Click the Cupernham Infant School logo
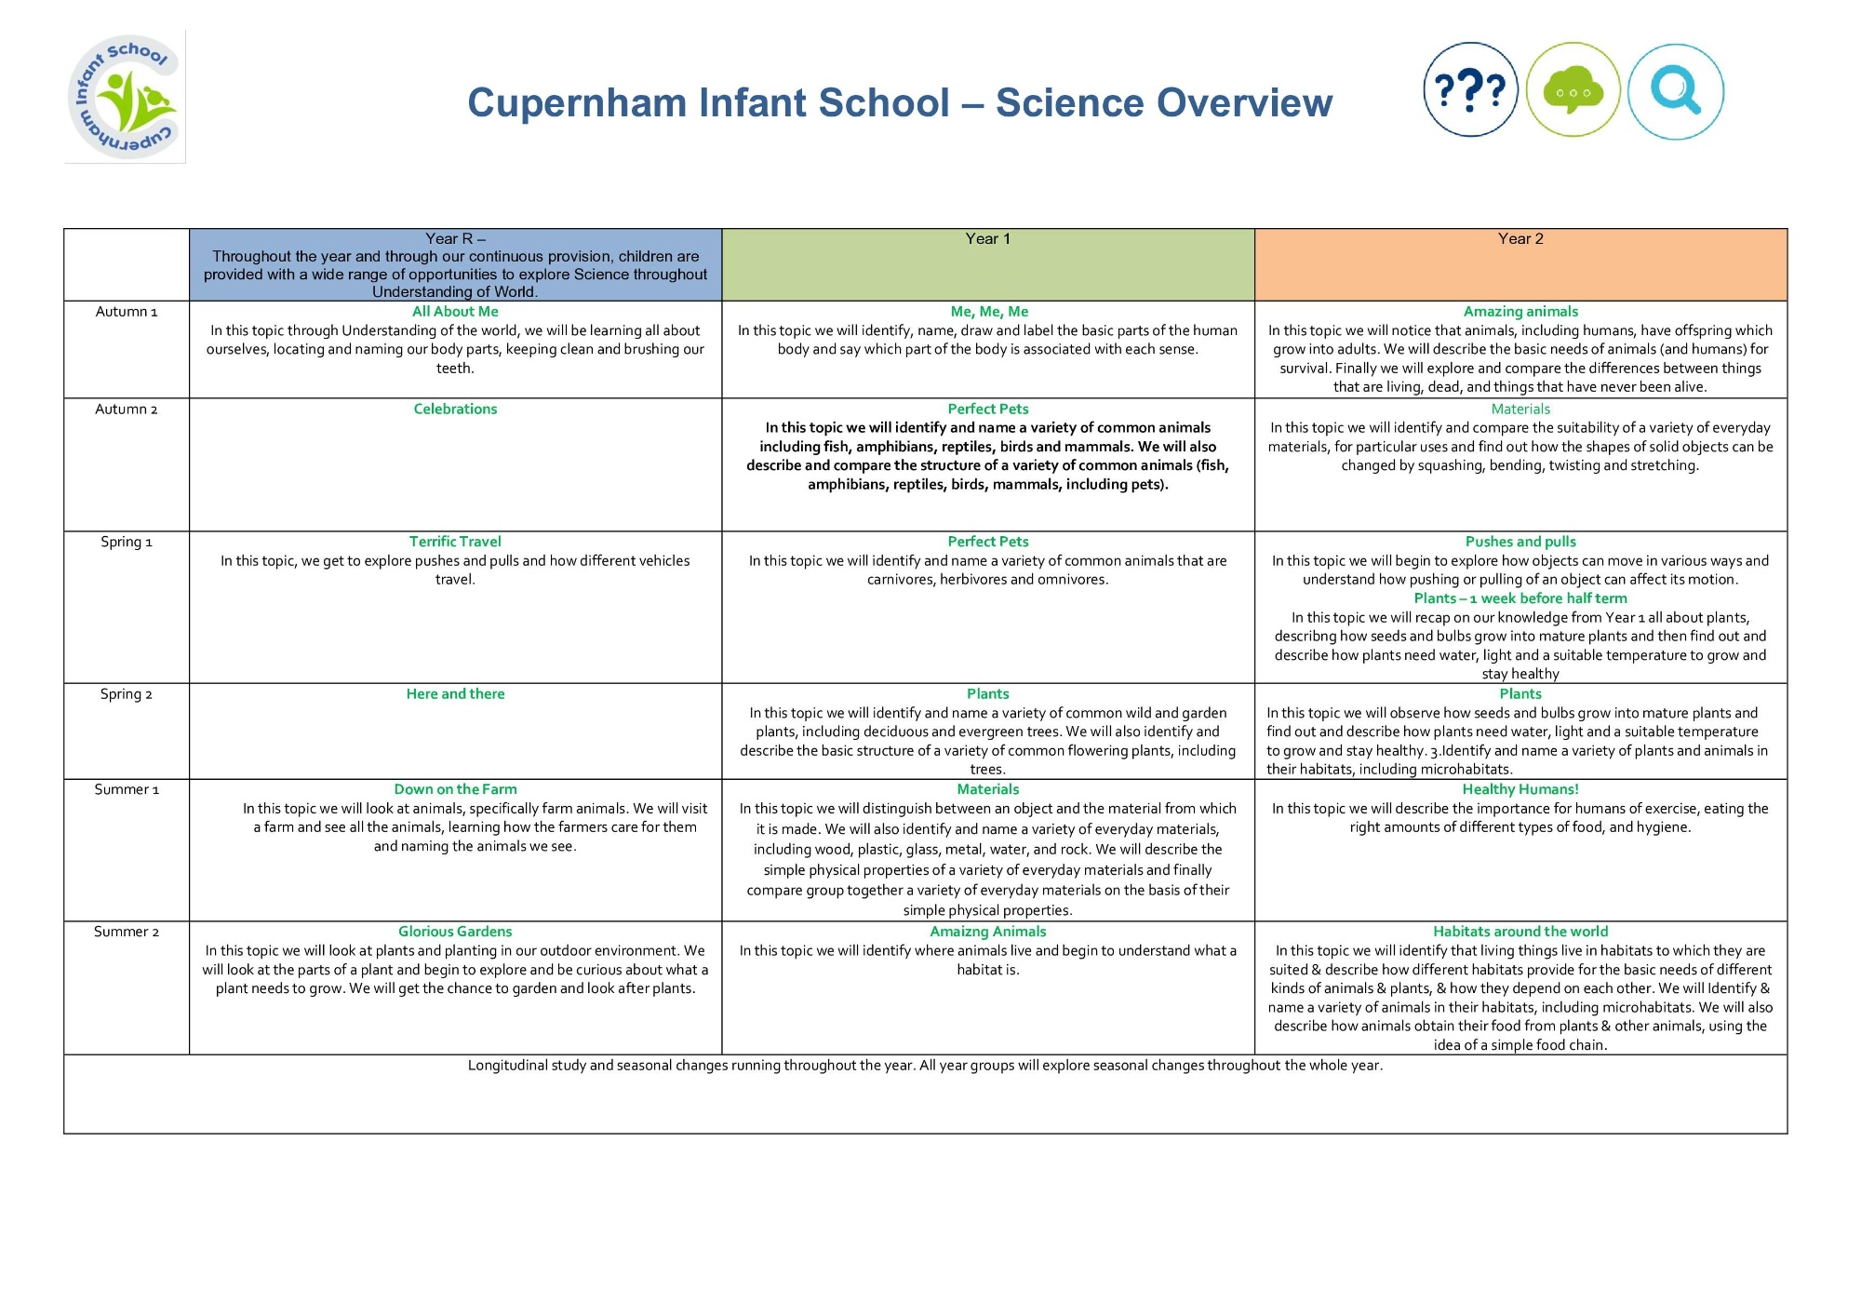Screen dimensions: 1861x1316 125,97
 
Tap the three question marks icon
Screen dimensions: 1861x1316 1470,90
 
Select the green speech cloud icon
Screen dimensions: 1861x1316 1573,90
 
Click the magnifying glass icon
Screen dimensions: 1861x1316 1676,91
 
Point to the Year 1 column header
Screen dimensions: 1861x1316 987,238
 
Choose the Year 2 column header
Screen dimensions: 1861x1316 1520,238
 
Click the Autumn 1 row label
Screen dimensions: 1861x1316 127,312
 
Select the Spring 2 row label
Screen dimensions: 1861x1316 127,694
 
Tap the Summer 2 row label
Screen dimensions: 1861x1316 127,932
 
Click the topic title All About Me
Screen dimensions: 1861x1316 455,312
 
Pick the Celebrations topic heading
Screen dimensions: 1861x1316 455,409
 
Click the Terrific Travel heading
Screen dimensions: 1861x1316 455,542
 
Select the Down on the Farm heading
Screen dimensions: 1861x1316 455,789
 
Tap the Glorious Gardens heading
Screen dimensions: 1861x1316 455,932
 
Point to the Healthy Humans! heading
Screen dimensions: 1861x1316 1520,789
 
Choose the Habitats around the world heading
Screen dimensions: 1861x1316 1520,932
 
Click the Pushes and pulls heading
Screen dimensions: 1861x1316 1520,542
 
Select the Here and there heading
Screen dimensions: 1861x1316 455,694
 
